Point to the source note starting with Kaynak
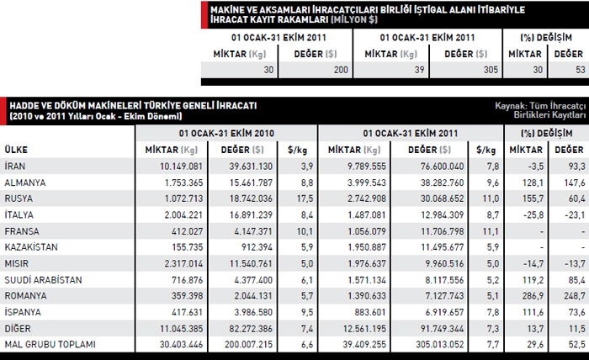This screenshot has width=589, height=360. pyautogui.click(x=539, y=109)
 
